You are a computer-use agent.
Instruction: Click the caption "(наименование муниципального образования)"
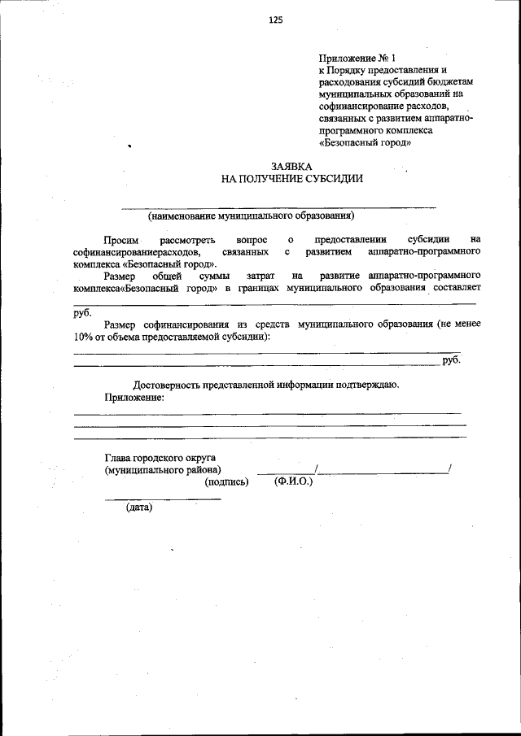click(x=251, y=216)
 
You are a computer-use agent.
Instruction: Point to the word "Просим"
click(x=122, y=240)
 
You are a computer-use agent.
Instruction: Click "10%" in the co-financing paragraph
click(x=82, y=336)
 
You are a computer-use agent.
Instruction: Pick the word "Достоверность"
click(x=168, y=385)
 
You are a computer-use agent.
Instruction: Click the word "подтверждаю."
click(x=368, y=385)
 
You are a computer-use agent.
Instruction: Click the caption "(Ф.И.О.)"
click(x=294, y=481)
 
